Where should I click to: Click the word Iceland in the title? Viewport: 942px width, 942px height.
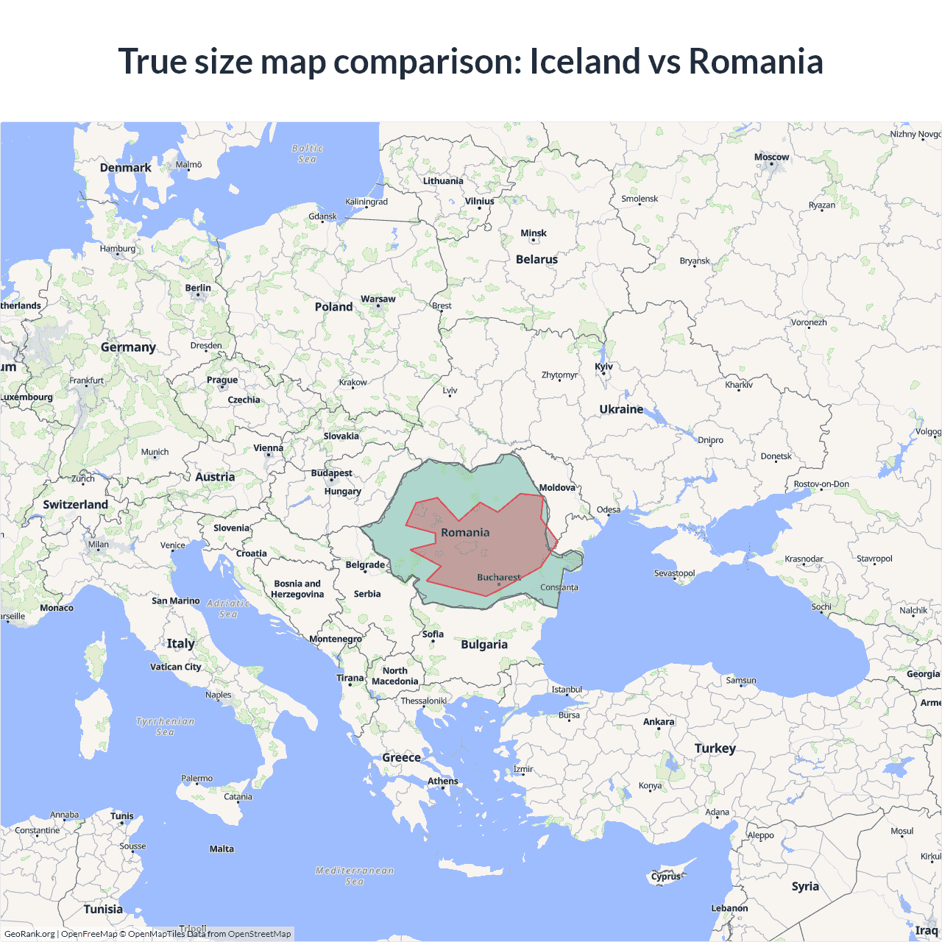point(585,61)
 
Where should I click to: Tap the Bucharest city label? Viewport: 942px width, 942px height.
point(498,578)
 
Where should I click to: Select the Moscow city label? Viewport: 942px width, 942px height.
point(771,157)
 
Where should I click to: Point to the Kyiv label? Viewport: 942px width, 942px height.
point(603,366)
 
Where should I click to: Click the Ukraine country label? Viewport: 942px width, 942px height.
point(621,409)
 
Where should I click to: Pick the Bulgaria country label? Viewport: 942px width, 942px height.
point(484,644)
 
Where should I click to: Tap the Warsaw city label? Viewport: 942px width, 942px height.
point(378,299)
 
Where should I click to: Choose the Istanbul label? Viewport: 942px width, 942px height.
point(567,690)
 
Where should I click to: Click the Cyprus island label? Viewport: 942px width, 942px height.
point(666,877)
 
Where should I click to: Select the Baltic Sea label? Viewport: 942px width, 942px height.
point(307,153)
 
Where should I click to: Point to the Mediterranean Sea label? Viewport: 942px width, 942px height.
point(355,876)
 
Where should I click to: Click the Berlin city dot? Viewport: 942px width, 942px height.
point(198,296)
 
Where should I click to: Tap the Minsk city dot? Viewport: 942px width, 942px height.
point(534,241)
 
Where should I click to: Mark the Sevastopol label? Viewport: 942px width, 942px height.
point(674,573)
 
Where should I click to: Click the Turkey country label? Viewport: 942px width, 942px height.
point(715,748)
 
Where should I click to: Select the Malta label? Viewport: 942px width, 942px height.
point(222,849)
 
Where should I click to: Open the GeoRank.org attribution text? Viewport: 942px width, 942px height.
point(29,934)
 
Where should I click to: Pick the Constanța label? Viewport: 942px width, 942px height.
point(559,587)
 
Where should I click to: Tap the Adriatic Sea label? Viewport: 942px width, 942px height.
point(228,608)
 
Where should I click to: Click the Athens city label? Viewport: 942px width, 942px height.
point(443,781)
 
